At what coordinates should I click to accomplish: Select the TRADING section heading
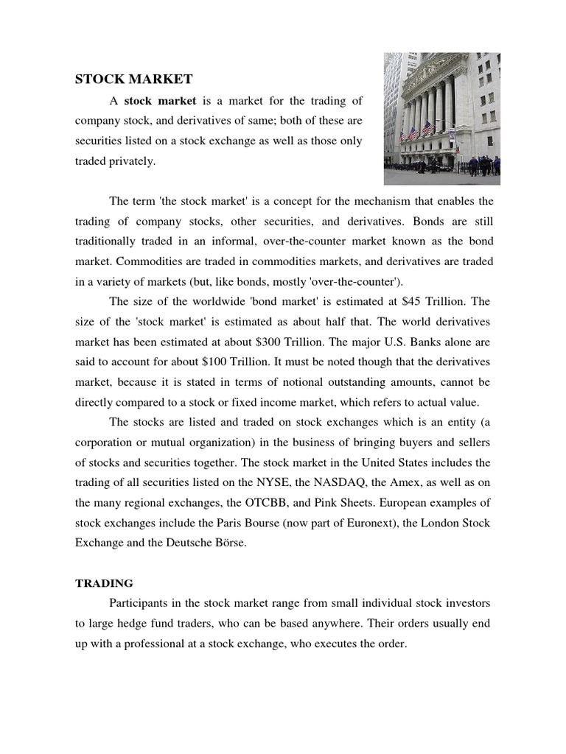pyautogui.click(x=104, y=583)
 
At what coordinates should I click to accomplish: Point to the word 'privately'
pyautogui.click(x=132, y=161)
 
